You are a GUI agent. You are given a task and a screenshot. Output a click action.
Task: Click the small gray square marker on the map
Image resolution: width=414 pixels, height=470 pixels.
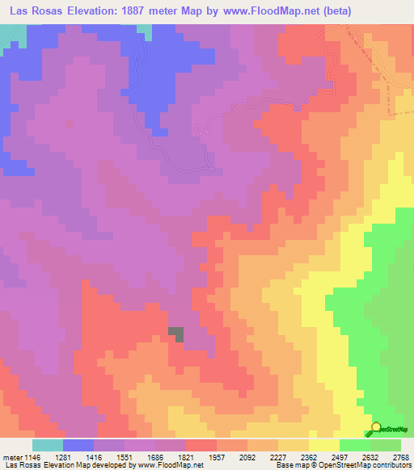175,334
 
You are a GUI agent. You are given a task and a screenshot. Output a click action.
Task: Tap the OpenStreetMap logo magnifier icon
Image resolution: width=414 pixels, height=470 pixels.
376,428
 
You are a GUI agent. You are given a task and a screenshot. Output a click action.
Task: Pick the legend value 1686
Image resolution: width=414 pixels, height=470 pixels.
155,458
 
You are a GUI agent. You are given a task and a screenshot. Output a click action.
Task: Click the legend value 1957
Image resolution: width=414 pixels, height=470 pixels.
218,458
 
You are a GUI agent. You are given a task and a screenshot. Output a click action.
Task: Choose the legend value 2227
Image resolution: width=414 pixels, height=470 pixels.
279,458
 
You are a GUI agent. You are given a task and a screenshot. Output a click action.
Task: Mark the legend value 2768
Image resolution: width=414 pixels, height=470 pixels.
402,458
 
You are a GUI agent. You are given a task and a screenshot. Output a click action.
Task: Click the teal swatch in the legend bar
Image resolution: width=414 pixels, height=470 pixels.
47,445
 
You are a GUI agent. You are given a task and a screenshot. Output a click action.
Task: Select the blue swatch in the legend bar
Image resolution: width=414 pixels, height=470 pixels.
78,445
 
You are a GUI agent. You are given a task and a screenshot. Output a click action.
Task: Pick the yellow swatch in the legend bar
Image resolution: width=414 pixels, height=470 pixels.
324,445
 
